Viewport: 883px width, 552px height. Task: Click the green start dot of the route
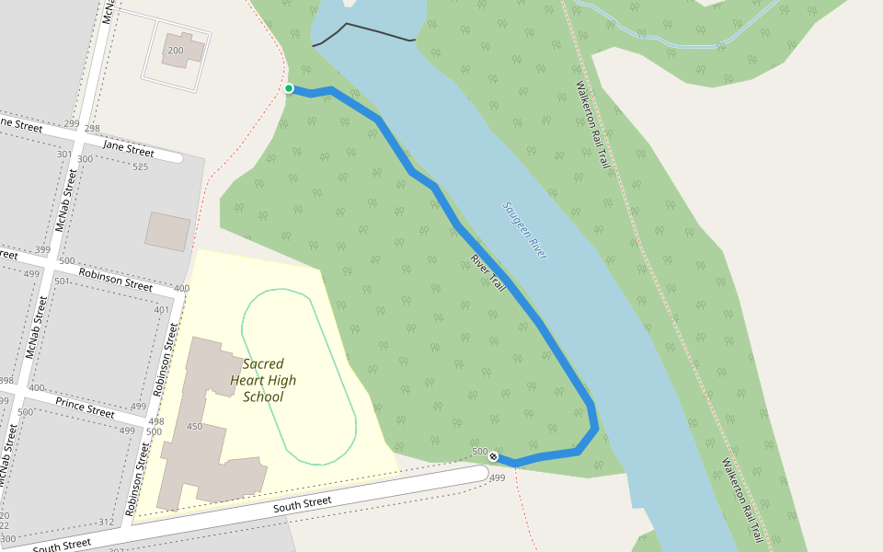tap(289, 88)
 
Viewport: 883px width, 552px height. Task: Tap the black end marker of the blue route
tap(494, 456)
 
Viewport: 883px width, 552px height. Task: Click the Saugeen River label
tap(524, 230)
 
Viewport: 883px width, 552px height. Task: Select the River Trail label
tap(488, 273)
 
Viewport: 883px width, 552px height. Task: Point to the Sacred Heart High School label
tap(263, 380)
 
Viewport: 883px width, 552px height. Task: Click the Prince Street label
tap(85, 408)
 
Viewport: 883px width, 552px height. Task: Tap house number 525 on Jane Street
tap(141, 167)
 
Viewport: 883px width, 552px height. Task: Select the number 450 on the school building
tap(194, 426)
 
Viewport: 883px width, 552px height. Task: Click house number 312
tap(107, 522)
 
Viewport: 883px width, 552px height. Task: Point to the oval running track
tap(299, 377)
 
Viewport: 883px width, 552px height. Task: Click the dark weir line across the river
tap(363, 32)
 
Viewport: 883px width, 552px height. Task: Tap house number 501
tap(62, 281)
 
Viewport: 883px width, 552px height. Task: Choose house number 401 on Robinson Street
tap(162, 309)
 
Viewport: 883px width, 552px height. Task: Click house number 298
tap(92, 129)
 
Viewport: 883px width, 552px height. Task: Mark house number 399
tap(42, 249)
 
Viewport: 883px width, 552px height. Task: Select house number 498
tap(155, 421)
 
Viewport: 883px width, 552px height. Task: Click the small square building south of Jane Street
tap(167, 232)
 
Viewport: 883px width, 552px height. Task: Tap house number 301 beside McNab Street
tap(63, 154)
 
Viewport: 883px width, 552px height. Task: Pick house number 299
tap(73, 123)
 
